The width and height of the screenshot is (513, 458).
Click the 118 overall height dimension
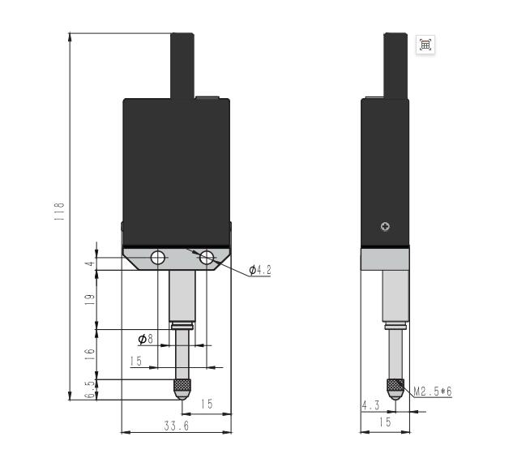pos(59,212)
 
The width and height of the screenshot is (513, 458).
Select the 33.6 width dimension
pos(176,426)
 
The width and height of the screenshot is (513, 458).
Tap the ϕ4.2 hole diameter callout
pos(260,270)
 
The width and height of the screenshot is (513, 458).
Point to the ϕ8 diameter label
pos(146,338)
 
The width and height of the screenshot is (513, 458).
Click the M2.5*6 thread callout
pos(433,392)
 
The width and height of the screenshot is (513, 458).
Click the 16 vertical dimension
pos(90,354)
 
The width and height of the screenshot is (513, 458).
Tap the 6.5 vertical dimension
pos(90,389)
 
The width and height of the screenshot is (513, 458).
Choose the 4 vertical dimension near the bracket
pos(90,263)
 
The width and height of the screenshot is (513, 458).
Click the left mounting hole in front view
pos(158,258)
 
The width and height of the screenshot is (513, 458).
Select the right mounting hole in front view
pos(207,258)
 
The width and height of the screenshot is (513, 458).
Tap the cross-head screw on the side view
pos(385,227)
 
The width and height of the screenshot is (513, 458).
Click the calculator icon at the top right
pos(425,45)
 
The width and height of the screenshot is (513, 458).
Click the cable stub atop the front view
pos(182,65)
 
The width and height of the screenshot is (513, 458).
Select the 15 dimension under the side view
pos(385,422)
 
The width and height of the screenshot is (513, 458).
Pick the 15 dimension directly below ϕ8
pos(135,362)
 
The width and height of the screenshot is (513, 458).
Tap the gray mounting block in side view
pos(385,259)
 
